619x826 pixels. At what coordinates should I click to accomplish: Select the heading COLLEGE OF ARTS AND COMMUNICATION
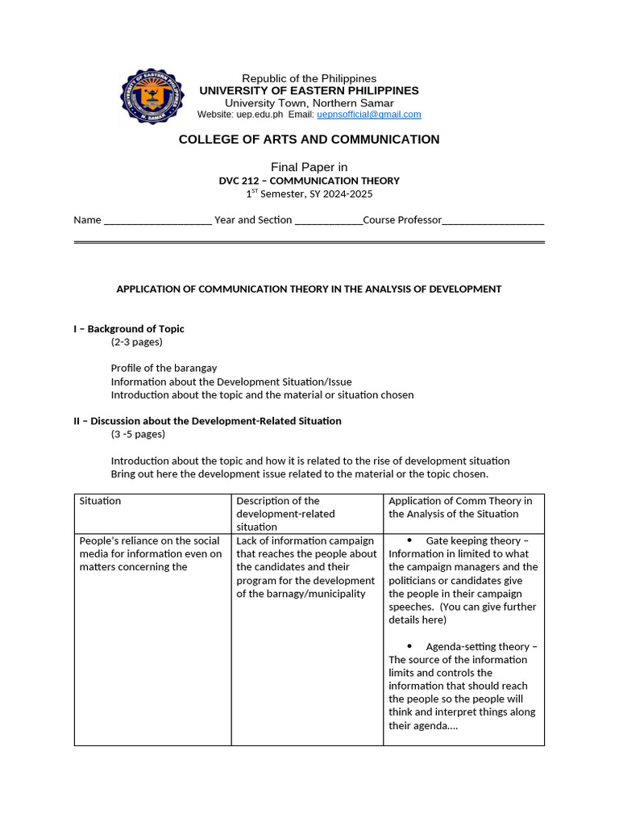pyautogui.click(x=309, y=140)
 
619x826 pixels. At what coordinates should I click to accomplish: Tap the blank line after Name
pyautogui.click(x=158, y=220)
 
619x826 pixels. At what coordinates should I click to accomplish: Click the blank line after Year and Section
pyautogui.click(x=329, y=220)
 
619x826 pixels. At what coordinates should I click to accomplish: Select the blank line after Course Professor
pyautogui.click(x=493, y=220)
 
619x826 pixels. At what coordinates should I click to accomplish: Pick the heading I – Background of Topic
pyautogui.click(x=129, y=328)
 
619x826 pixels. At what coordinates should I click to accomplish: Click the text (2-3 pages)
pyautogui.click(x=136, y=342)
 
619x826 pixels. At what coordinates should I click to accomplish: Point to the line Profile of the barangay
pyautogui.click(x=164, y=368)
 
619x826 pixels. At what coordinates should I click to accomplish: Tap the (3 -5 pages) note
pyautogui.click(x=138, y=434)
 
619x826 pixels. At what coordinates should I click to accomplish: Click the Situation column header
pyautogui.click(x=100, y=501)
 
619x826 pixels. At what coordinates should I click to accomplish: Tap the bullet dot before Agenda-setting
pyautogui.click(x=409, y=646)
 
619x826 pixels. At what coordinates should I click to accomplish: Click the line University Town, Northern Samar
pyautogui.click(x=309, y=103)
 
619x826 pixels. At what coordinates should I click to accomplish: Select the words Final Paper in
pyautogui.click(x=309, y=167)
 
